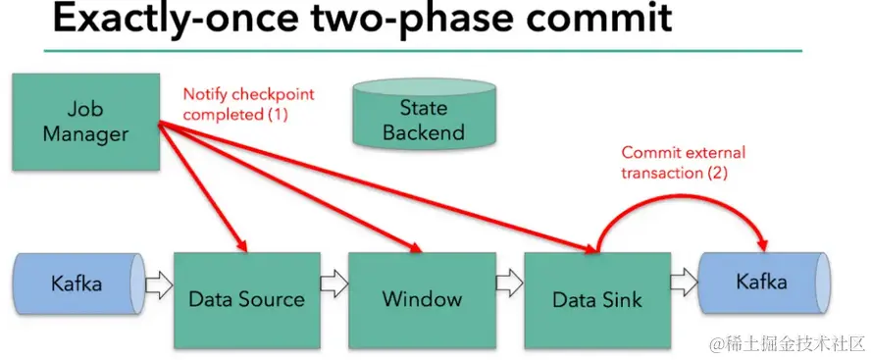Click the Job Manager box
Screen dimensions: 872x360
pyautogui.click(x=85, y=122)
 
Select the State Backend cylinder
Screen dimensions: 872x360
pyautogui.click(x=424, y=114)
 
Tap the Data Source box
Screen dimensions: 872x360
pyautogui.click(x=247, y=300)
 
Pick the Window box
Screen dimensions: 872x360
pyautogui.click(x=422, y=300)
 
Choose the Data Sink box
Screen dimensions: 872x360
pyautogui.click(x=597, y=300)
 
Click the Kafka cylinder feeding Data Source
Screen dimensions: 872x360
pyautogui.click(x=77, y=283)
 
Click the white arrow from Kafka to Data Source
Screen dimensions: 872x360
pyautogui.click(x=159, y=284)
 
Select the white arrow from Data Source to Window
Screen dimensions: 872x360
pyautogui.click(x=334, y=283)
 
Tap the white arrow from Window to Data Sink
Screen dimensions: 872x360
pyautogui.click(x=509, y=283)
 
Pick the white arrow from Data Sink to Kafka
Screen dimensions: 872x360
pyautogui.click(x=685, y=283)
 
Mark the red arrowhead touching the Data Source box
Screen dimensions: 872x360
pyautogui.click(x=241, y=245)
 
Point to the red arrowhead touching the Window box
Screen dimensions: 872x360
pyautogui.click(x=413, y=246)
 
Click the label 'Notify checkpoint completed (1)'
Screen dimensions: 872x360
pyautogui.click(x=248, y=104)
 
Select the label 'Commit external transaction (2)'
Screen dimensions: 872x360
pyautogui.click(x=684, y=162)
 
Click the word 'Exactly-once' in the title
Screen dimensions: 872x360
pyautogui.click(x=160, y=18)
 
